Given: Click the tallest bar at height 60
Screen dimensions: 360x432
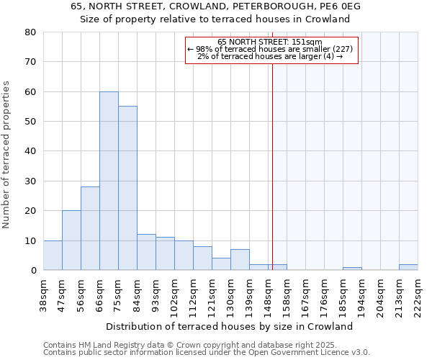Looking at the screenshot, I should pos(109,181).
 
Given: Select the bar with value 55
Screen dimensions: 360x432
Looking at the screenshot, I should pos(127,188).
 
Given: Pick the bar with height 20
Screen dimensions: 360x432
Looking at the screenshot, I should pos(71,240).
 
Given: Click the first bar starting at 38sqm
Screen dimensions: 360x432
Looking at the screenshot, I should pos(53,256).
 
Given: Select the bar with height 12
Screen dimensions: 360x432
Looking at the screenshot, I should pos(146,252).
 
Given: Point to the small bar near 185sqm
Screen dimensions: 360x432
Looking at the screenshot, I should pos(352,269).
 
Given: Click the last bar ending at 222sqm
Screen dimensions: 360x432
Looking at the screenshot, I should pos(408,267).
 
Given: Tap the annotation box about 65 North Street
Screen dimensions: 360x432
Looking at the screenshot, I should pos(271,50).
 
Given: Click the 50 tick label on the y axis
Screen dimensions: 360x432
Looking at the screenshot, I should pos(30,122).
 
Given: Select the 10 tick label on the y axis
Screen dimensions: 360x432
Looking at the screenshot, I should pos(30,240).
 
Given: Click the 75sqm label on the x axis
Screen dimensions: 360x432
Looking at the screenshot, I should pos(118,294).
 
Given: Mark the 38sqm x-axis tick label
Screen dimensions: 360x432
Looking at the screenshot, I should pos(43,294).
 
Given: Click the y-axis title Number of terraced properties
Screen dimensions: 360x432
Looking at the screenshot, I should pos(6,155).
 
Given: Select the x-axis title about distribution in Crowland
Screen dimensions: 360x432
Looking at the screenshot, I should pos(234,326).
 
